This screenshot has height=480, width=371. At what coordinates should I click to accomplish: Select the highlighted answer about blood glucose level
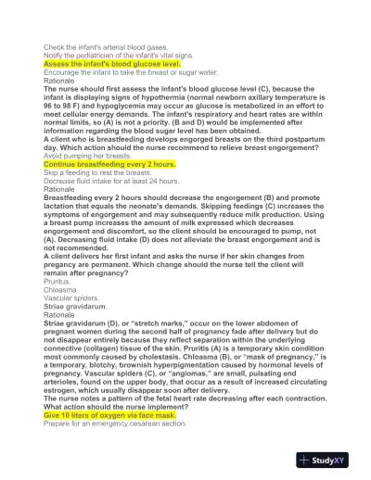(x=110, y=64)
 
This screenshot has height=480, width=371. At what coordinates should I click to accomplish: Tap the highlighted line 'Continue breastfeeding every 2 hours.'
(x=109, y=164)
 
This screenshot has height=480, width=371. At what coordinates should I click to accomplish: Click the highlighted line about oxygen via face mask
(x=109, y=416)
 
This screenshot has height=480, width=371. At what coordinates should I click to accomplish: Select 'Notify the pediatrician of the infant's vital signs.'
(x=116, y=56)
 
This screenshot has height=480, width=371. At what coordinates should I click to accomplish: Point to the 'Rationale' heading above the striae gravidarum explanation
(x=61, y=314)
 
